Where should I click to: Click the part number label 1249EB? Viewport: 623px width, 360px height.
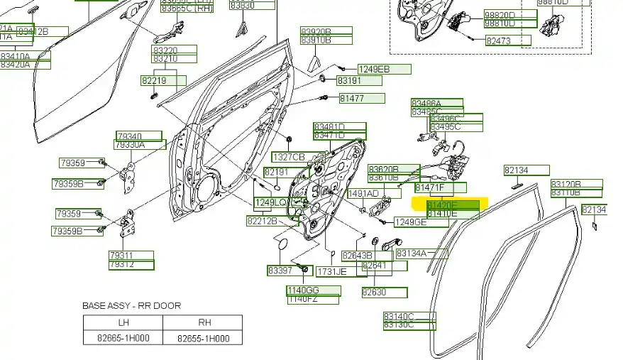pyautogui.click(x=374, y=69)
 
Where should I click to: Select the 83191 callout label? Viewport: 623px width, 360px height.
pyautogui.click(x=350, y=81)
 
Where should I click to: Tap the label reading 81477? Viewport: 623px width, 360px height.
pyautogui.click(x=351, y=98)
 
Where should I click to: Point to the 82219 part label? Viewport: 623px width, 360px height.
pyautogui.click(x=154, y=81)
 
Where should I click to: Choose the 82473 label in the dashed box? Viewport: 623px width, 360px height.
pyautogui.click(x=499, y=41)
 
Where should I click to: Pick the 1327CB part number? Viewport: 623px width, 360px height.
pyautogui.click(x=289, y=156)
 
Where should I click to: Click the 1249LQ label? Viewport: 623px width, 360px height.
pyautogui.click(x=271, y=202)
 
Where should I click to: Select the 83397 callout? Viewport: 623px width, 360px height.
pyautogui.click(x=280, y=271)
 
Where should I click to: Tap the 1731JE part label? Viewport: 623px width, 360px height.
pyautogui.click(x=332, y=271)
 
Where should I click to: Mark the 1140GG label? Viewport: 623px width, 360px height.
pyautogui.click(x=303, y=290)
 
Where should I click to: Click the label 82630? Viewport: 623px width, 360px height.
pyautogui.click(x=374, y=292)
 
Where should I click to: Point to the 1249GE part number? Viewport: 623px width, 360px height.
pyautogui.click(x=412, y=222)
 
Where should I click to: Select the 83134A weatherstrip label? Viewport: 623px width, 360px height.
pyautogui.click(x=412, y=253)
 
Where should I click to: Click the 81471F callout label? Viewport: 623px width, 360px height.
pyautogui.click(x=430, y=187)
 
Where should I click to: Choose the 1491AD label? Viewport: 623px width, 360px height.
pyautogui.click(x=363, y=193)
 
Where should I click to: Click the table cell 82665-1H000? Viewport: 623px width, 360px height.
pyautogui.click(x=123, y=339)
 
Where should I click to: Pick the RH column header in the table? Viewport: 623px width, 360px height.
pyautogui.click(x=203, y=321)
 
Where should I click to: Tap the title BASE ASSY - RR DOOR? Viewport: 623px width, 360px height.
pyautogui.click(x=132, y=305)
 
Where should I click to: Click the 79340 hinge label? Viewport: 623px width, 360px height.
pyautogui.click(x=129, y=136)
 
